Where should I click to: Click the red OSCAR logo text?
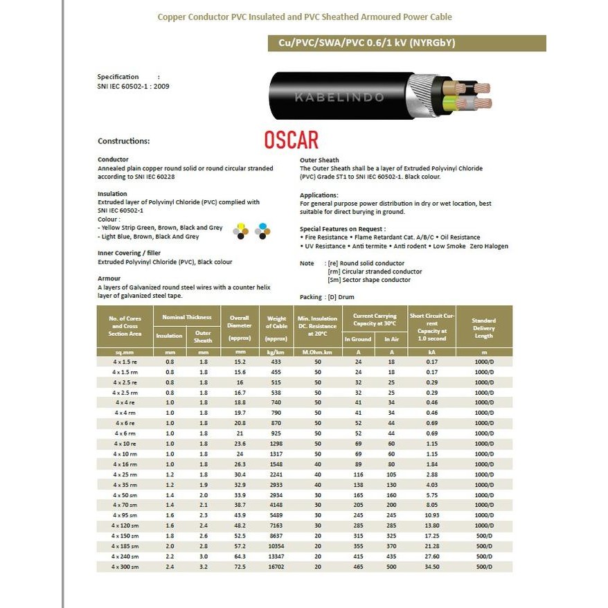tap(291, 139)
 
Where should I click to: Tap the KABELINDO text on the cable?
tap(339, 98)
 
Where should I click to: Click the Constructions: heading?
tap(124, 141)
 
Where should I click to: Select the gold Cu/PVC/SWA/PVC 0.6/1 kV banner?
tap(406, 44)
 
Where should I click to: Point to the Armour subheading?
tap(109, 278)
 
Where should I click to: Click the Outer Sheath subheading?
tap(319, 160)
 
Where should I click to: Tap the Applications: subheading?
tap(319, 195)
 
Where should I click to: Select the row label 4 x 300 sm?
tap(126, 566)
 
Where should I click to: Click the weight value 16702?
tap(276, 566)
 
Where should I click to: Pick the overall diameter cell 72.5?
tap(240, 566)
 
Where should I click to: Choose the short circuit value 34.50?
tap(432, 566)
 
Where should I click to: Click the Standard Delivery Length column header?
tap(484, 328)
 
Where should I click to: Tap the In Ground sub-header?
tap(358, 339)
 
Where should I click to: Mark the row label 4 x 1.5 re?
tap(126, 361)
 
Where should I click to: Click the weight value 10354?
tap(276, 546)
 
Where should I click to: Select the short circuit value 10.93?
tap(432, 515)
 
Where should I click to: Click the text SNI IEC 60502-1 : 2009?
tap(134, 87)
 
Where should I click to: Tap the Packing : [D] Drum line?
tap(327, 297)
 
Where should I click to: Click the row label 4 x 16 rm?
tap(126, 464)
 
